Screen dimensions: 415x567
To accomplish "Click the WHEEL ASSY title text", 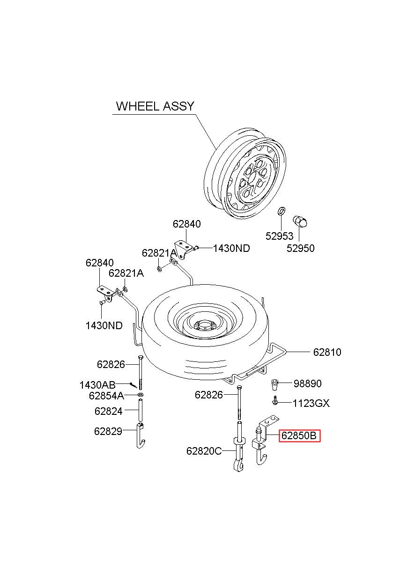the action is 155,106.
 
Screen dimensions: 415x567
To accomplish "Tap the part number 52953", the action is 279,236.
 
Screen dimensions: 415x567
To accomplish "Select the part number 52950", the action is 300,248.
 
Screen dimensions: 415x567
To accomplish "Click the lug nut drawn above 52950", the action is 300,222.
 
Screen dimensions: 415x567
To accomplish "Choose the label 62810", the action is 327,352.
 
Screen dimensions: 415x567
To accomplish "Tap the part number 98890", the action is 307,383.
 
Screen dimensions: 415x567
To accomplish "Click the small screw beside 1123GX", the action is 275,401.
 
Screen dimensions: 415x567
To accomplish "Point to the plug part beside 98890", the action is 275,384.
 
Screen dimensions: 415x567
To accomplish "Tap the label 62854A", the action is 106,396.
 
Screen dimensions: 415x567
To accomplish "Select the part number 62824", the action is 108,411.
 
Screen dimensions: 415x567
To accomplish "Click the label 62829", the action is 108,431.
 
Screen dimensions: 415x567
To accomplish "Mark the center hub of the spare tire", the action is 204,325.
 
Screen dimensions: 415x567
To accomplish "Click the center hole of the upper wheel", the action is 252,179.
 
